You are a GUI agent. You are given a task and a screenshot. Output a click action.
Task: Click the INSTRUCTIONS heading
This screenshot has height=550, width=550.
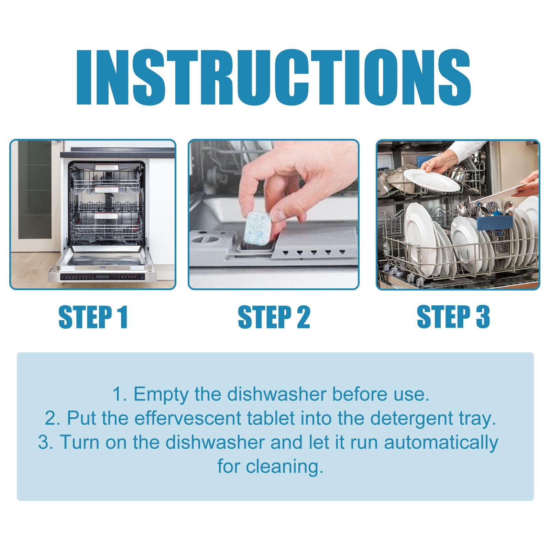(273, 78)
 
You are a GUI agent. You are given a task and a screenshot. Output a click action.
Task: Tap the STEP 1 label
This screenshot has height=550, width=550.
(93, 317)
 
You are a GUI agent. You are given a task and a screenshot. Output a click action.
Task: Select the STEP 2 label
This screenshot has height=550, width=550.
(274, 317)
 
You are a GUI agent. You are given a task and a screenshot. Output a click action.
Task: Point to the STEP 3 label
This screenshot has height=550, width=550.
(453, 317)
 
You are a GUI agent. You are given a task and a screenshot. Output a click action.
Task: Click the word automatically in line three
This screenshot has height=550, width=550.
(441, 442)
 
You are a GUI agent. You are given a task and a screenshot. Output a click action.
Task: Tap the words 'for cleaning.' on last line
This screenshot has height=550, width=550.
(271, 466)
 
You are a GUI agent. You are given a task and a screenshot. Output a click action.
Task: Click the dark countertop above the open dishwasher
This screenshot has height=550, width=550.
(117, 154)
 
